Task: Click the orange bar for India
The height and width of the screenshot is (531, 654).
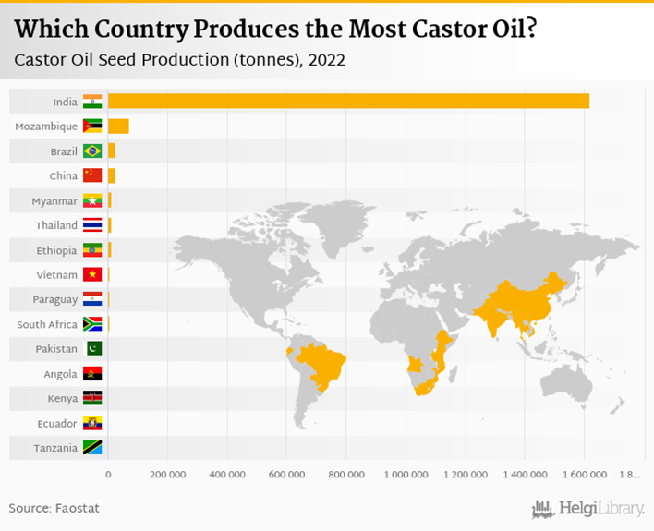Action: click(348, 101)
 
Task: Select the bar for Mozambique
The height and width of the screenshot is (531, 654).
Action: click(118, 126)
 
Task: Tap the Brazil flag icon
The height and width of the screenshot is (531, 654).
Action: click(92, 151)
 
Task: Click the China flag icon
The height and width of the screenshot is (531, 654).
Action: click(92, 175)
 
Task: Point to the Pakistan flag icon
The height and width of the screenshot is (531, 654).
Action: click(92, 349)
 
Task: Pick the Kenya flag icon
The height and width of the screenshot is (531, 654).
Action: click(92, 398)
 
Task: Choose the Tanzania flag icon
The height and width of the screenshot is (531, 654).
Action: click(92, 448)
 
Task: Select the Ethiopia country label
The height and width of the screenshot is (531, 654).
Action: click(56, 250)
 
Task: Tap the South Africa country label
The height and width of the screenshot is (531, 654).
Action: click(47, 324)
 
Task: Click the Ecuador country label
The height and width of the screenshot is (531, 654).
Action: click(57, 423)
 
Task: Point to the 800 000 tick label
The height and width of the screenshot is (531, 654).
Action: click(345, 475)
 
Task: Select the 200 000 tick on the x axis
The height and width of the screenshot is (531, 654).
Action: click(166, 475)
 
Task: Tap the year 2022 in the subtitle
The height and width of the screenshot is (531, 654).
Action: click(327, 62)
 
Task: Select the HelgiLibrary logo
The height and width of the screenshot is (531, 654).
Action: click(588, 508)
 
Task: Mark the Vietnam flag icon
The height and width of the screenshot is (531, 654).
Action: click(92, 274)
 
